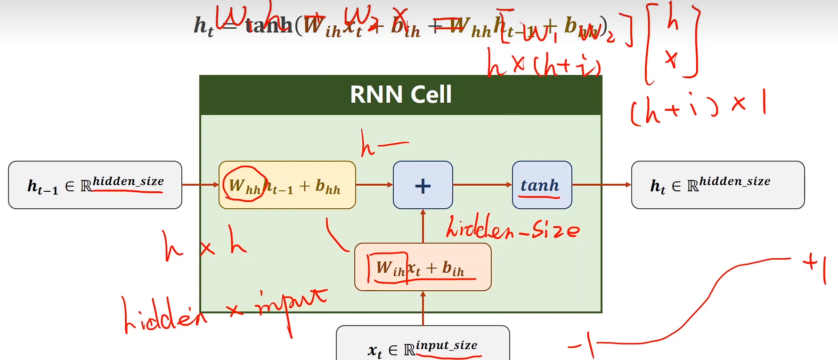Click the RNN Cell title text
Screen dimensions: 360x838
tap(401, 94)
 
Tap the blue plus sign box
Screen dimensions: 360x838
tap(423, 185)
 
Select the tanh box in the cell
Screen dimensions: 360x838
tap(542, 185)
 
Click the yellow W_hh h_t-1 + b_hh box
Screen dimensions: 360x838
tap(287, 185)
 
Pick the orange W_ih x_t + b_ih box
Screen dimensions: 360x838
tap(423, 267)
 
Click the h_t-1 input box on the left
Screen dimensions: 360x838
tap(95, 185)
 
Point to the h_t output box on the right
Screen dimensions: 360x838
tap(717, 185)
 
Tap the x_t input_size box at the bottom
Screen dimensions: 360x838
tap(423, 346)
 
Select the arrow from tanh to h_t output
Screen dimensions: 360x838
tap(602, 185)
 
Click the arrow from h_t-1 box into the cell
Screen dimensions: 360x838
tap(200, 185)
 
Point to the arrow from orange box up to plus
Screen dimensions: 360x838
tap(423, 226)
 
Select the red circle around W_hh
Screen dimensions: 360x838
tap(244, 184)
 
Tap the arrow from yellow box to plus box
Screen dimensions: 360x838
tap(374, 185)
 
